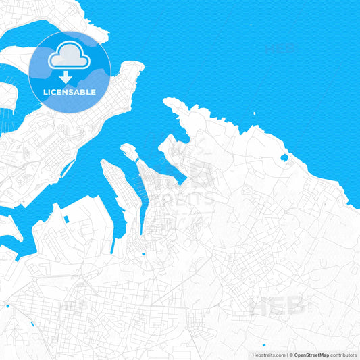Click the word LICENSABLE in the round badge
coord(70,92)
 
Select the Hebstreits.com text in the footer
coord(267,355)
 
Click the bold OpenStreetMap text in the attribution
coord(311,355)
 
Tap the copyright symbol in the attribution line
coord(291,355)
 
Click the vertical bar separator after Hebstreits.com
coord(286,355)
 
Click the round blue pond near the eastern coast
coord(284,158)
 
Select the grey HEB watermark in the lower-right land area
coord(278,307)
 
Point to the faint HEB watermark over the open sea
coord(282,49)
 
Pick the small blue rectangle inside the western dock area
coord(68,219)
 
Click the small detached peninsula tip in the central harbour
coord(127,149)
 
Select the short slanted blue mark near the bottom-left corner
coord(32,323)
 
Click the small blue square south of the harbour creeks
coord(143,255)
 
